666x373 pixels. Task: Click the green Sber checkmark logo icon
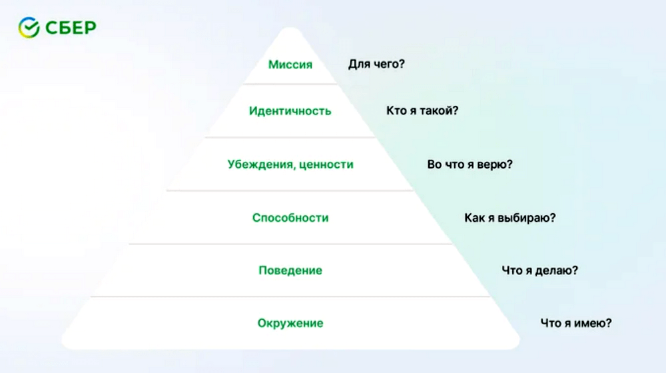(x=29, y=27)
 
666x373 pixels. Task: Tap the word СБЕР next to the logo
(x=71, y=28)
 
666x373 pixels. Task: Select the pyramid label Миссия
(x=290, y=65)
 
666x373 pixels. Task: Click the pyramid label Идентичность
(x=290, y=111)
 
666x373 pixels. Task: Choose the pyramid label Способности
(x=290, y=218)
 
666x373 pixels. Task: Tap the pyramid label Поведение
(x=290, y=270)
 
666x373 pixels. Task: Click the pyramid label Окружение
(x=290, y=324)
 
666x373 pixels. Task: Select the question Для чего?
(x=376, y=64)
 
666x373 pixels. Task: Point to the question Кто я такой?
(x=422, y=111)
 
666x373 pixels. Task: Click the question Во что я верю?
(x=470, y=165)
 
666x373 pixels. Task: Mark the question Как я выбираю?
(x=509, y=218)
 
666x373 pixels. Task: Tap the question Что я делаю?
(x=540, y=270)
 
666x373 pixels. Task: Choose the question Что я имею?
(x=576, y=323)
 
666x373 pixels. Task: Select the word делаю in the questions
(x=557, y=270)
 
